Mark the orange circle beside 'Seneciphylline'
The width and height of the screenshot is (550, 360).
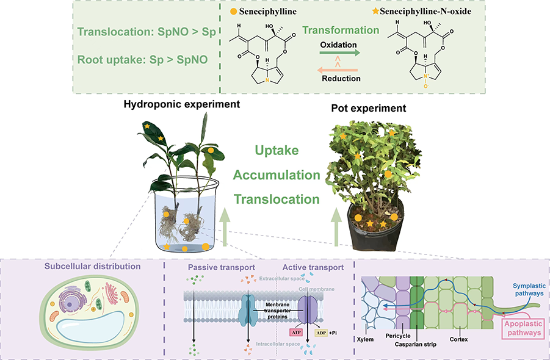click(x=234, y=11)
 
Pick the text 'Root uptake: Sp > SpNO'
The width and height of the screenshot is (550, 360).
click(x=141, y=60)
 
